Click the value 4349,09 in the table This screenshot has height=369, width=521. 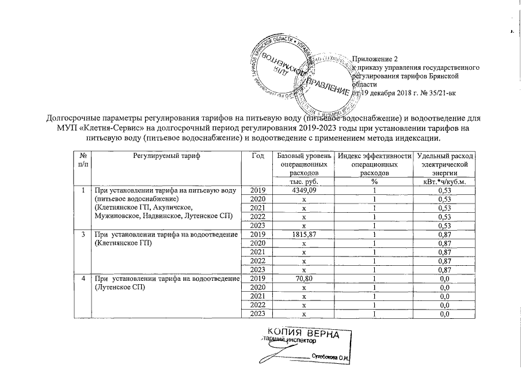(304, 190)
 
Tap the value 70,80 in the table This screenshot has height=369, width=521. (304, 279)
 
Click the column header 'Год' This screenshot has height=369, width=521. (258, 156)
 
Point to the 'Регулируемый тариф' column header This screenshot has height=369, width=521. (166, 156)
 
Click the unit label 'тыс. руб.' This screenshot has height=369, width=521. (304, 182)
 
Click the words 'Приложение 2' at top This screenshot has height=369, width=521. (375, 59)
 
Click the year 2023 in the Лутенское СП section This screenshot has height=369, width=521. (258, 313)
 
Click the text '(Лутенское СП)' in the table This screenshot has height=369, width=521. (118, 288)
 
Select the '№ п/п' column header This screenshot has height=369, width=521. (83, 160)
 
